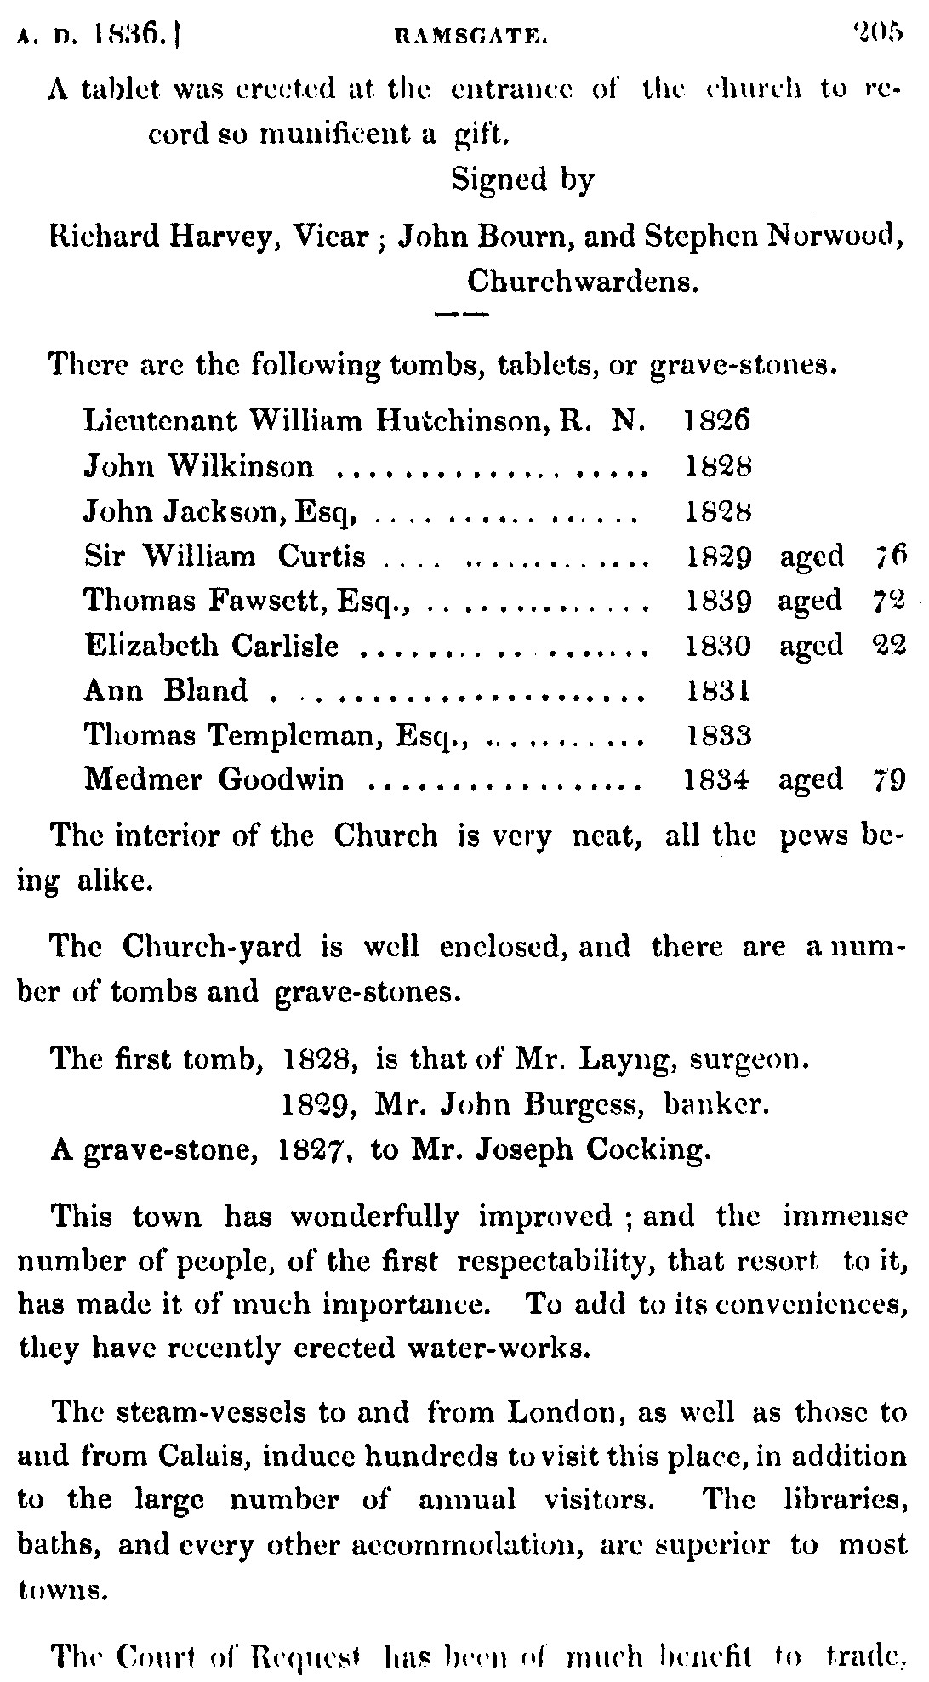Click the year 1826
coord(717,420)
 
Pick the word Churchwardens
coord(583,282)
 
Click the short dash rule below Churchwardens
coord(460,316)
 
